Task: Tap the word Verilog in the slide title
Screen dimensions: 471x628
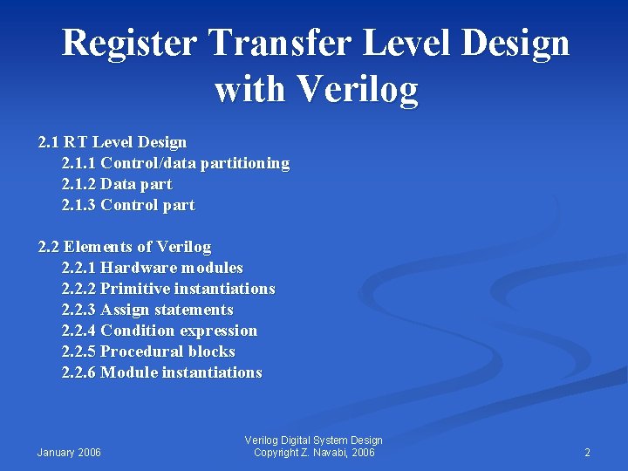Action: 358,89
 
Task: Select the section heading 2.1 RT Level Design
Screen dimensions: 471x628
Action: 113,142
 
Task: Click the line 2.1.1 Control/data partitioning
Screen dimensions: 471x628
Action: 175,163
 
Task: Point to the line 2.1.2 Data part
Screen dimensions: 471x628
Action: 117,184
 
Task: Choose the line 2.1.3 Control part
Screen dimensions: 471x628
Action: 128,205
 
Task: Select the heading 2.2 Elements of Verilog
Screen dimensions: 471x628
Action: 125,247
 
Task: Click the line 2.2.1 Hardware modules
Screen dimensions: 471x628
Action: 153,268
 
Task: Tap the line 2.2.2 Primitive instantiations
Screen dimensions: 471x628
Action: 168,289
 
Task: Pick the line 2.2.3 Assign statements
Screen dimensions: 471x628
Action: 147,310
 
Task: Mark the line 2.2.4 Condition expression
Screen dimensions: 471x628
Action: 160,331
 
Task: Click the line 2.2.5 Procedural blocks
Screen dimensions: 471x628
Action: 148,352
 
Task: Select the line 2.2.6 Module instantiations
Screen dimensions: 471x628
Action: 161,372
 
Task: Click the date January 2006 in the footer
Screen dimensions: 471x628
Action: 69,453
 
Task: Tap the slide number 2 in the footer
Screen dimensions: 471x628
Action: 587,453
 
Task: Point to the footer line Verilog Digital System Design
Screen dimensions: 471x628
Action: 314,440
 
